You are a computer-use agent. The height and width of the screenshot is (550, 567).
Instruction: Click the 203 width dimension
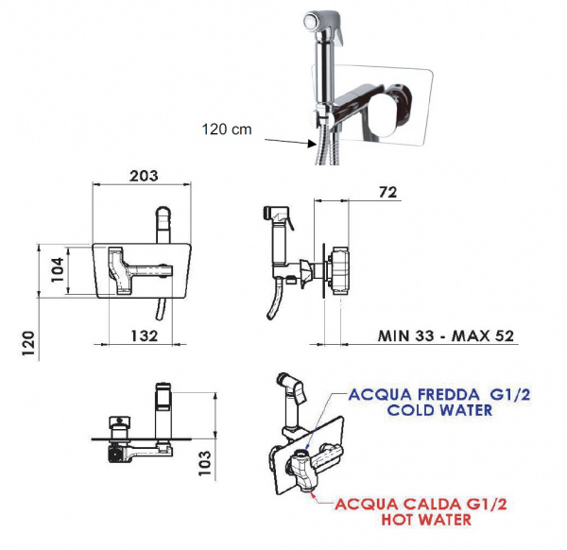(144, 176)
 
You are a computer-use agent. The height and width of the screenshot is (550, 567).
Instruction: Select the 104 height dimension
(58, 269)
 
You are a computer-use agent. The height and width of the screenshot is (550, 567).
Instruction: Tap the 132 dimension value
(145, 335)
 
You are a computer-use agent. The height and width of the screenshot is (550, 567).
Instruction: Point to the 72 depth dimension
(387, 192)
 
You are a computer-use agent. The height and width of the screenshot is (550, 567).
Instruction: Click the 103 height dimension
(205, 463)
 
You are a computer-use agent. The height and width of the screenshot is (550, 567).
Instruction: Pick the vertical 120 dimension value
(29, 344)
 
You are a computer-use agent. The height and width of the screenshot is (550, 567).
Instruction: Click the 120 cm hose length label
(227, 129)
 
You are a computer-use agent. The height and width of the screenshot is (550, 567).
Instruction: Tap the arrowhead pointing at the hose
(312, 144)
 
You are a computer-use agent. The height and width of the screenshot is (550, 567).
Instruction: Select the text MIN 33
(405, 335)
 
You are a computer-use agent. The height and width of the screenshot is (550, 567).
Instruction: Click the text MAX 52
(483, 335)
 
